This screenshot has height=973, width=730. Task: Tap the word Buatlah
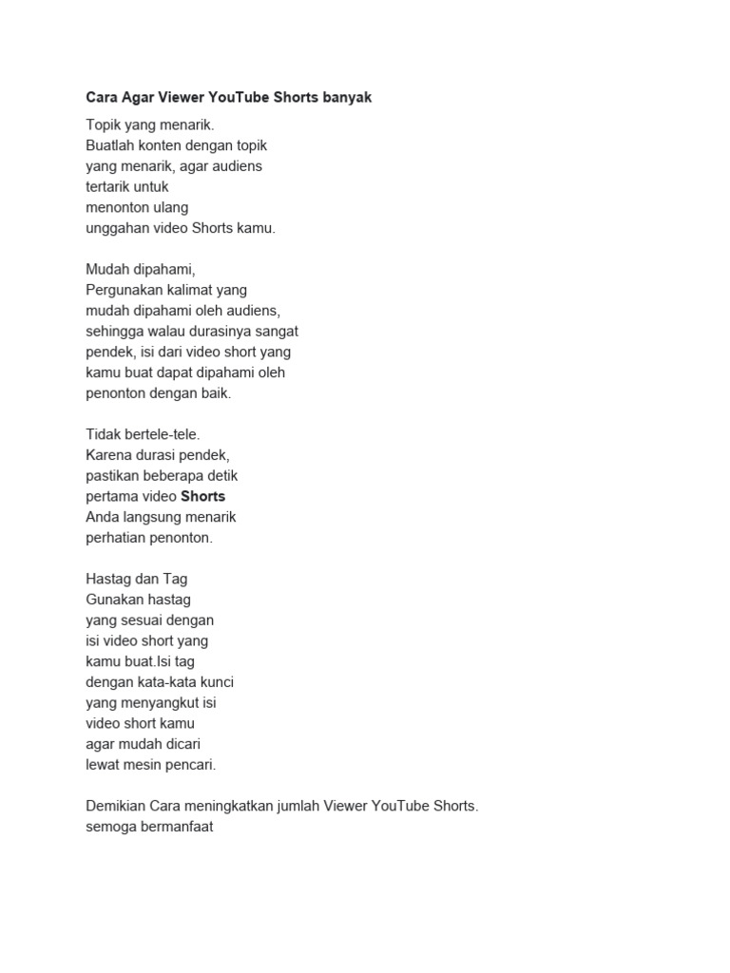click(110, 145)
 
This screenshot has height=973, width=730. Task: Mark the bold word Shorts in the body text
click(202, 496)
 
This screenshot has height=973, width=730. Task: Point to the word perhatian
click(115, 537)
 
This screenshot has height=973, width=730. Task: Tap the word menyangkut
click(159, 703)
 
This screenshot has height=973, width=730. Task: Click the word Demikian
click(115, 807)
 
